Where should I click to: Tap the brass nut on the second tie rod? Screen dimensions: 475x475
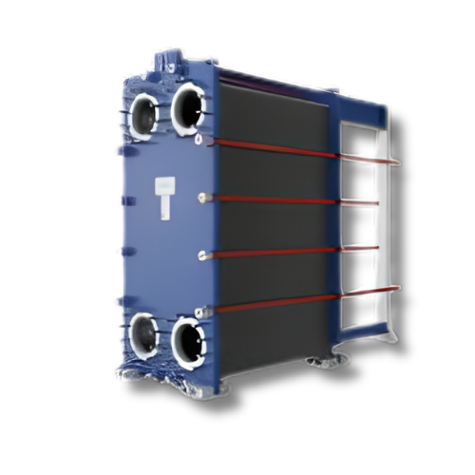202,198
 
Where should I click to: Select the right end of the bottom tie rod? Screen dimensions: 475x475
397,287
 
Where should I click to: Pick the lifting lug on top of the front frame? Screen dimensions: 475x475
174,60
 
